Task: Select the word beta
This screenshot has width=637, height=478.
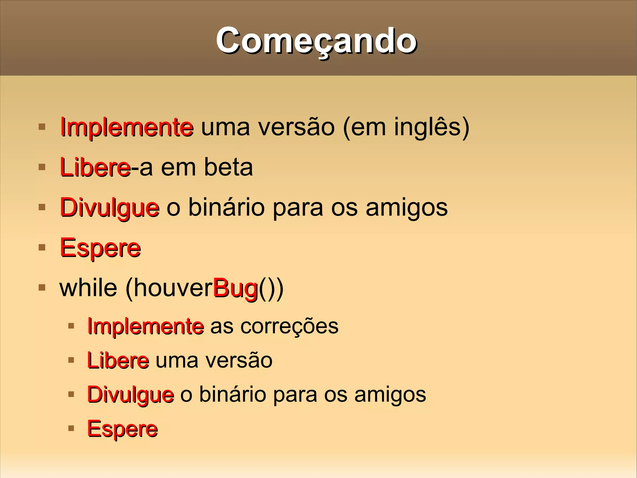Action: [x=228, y=167]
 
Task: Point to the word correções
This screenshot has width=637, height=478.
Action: [x=289, y=326]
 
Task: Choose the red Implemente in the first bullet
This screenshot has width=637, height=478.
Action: [x=127, y=127]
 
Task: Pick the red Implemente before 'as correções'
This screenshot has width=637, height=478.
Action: [x=146, y=326]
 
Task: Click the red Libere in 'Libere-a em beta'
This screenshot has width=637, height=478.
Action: [x=95, y=167]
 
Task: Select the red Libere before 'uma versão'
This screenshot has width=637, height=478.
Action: [x=118, y=361]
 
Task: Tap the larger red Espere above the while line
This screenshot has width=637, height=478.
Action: [x=100, y=248]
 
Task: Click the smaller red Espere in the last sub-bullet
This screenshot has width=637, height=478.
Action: [x=122, y=429]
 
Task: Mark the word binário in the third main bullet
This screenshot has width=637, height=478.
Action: [x=226, y=207]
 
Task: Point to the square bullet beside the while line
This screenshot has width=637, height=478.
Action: [x=42, y=287]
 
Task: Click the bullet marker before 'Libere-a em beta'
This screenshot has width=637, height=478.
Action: [x=42, y=167]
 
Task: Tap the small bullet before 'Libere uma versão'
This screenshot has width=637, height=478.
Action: [x=71, y=360]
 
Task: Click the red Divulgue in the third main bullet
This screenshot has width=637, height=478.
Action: [x=109, y=208]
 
